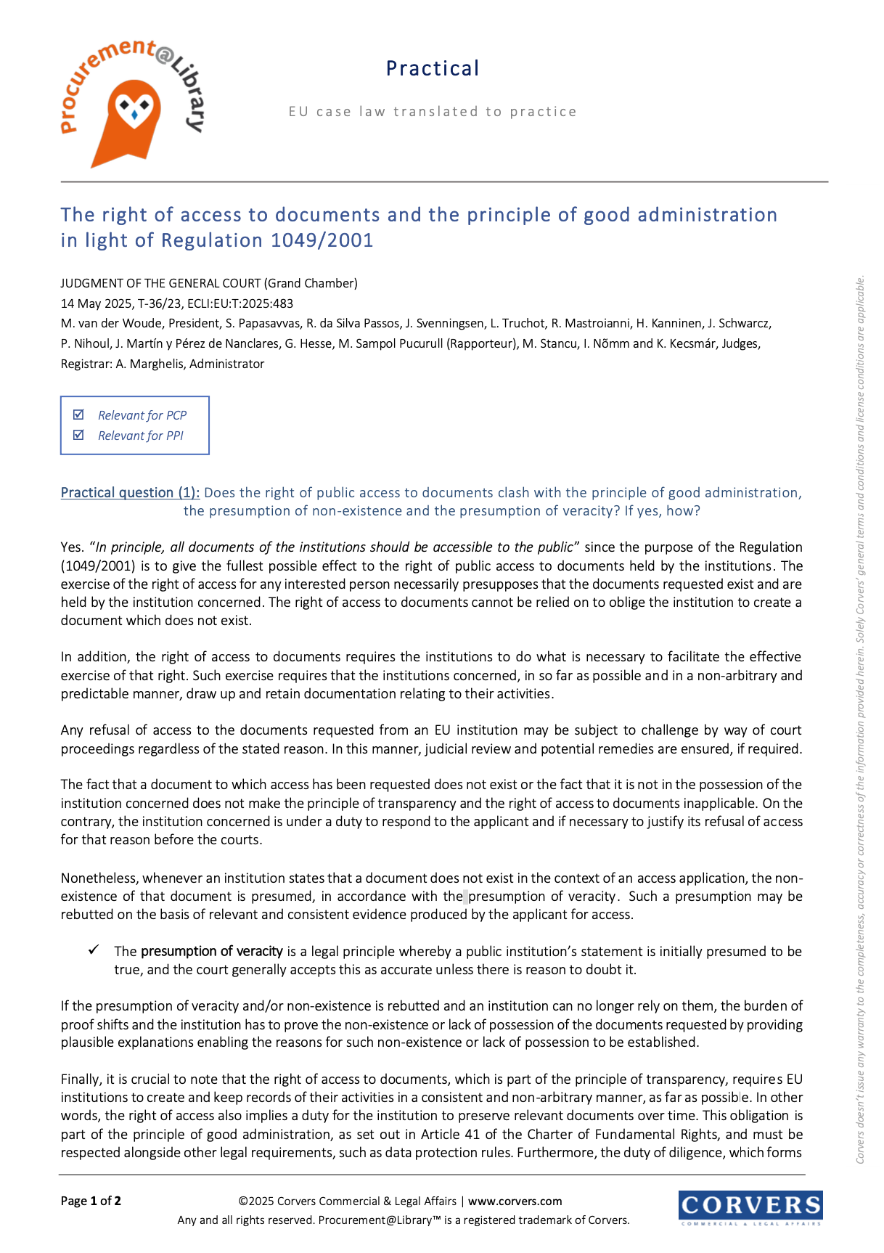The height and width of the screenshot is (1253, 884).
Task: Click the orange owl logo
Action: point(133,116)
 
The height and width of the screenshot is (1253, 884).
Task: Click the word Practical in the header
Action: point(433,69)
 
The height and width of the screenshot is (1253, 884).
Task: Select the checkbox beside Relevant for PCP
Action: point(79,415)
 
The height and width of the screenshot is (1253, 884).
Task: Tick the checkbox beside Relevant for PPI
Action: point(79,435)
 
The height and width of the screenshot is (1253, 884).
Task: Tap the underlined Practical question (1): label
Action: point(130,493)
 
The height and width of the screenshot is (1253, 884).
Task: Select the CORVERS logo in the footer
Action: point(750,1207)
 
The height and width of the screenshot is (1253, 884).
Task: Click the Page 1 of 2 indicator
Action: point(91,1201)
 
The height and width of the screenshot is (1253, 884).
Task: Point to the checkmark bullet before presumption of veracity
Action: point(94,950)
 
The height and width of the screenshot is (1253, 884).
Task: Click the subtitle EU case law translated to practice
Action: point(433,112)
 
